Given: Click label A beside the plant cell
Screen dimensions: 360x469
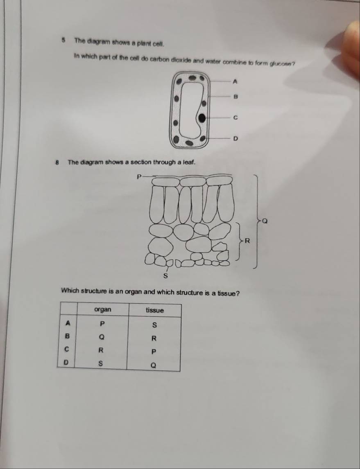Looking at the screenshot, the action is pos(235,81).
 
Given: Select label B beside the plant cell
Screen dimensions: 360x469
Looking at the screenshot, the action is pos(235,97).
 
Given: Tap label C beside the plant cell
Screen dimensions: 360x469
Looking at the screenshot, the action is pos(235,118).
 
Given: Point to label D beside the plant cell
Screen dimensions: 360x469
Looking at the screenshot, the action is pos(235,139).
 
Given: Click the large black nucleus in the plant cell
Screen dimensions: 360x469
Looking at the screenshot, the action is pos(202,118).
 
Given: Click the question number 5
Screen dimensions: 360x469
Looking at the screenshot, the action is pos(63,40).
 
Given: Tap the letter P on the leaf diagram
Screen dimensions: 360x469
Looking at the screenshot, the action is pos(139,177).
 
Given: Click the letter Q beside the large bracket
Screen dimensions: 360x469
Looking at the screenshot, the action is pos(265,221).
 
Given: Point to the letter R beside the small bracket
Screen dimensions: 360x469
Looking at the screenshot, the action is pos(247,240).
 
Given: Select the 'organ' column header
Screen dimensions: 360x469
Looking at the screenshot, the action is pos(103,309).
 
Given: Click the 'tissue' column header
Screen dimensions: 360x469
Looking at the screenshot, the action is pos(155,310).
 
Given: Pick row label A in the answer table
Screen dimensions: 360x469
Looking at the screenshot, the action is pos(68,323).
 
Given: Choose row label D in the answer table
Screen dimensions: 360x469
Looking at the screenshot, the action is pos(66,363).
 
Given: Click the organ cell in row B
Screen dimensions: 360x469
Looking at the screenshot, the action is pos(102,337).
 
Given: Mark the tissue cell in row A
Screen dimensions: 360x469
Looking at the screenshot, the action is pos(154,325).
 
